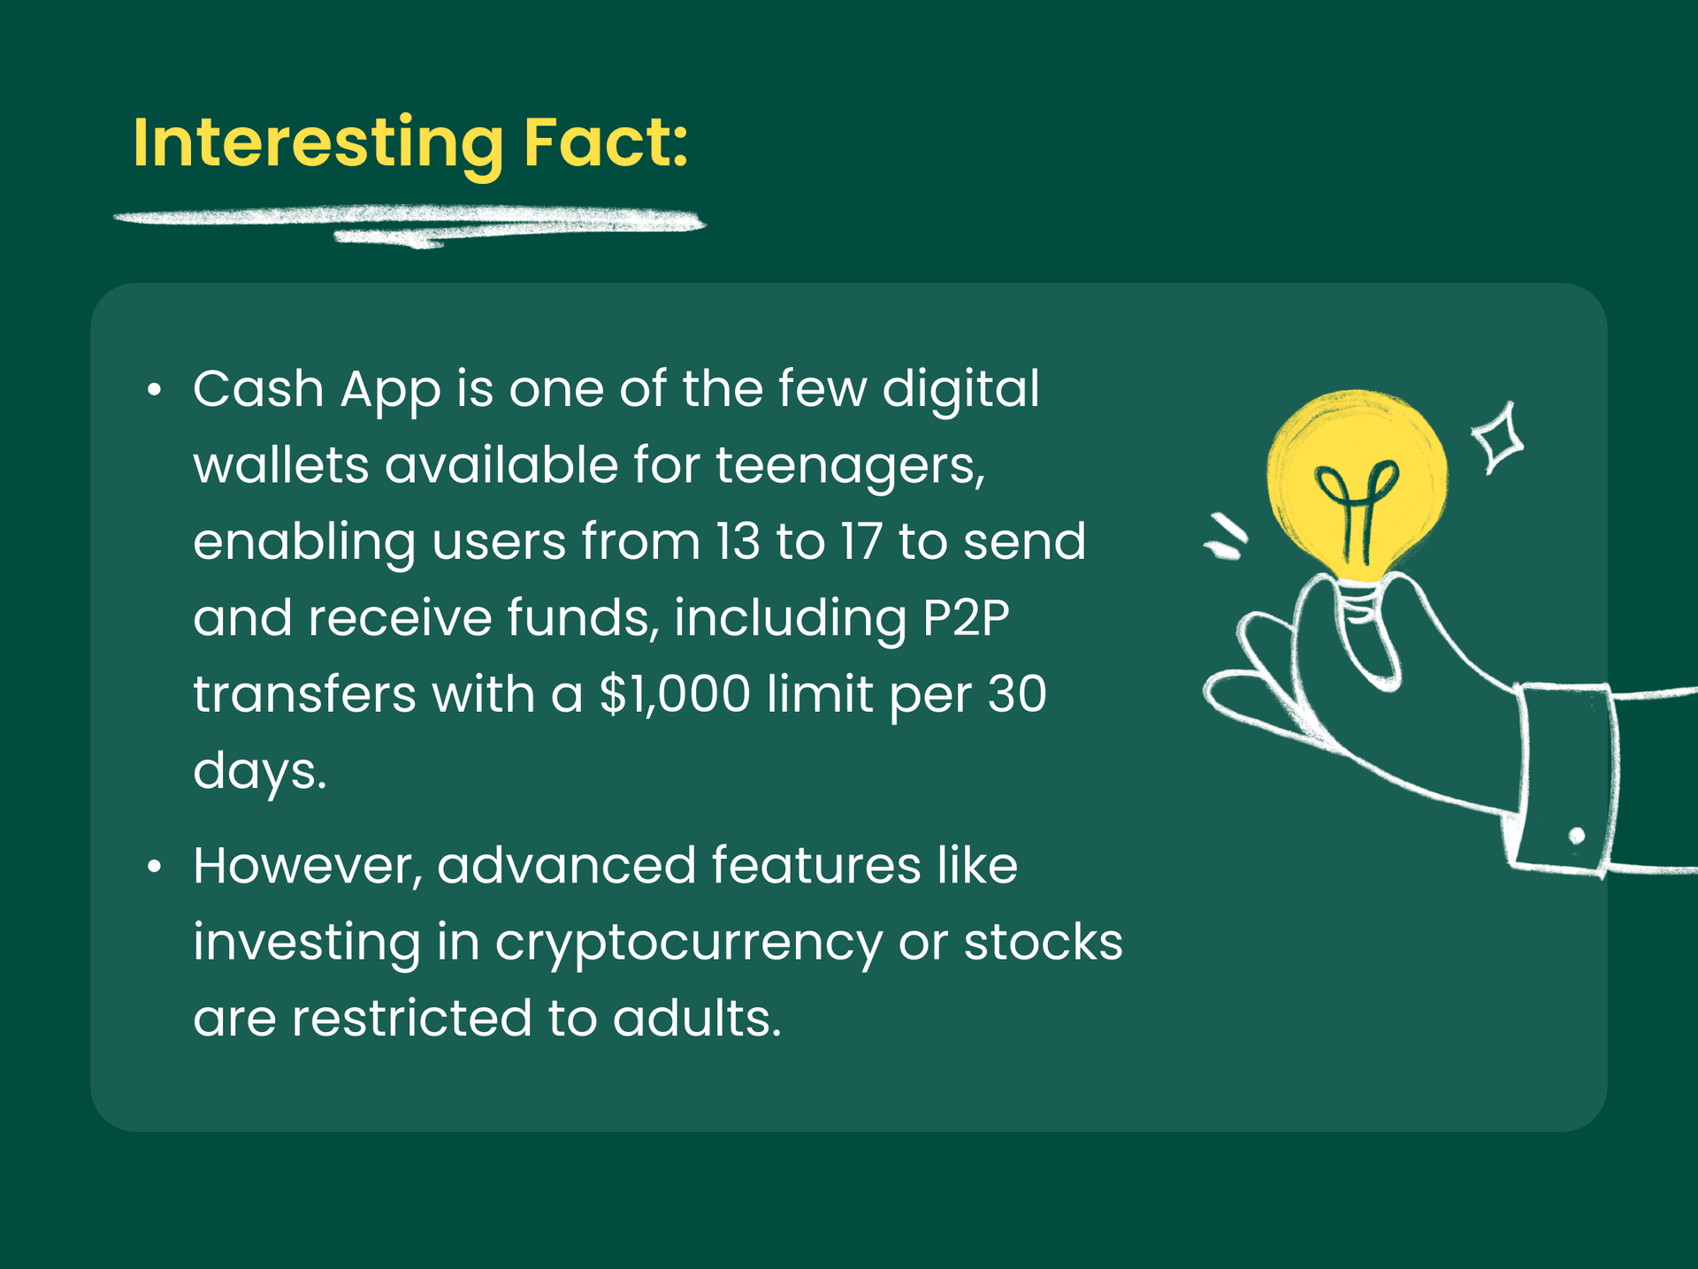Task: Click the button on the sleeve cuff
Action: pos(1576,836)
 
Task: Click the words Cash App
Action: pos(317,389)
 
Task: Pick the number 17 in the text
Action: pos(860,541)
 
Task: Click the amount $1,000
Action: pos(675,694)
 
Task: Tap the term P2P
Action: pos(965,618)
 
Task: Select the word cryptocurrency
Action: pos(688,943)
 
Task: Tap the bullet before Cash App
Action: pos(155,390)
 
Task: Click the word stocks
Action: pos(1043,943)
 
